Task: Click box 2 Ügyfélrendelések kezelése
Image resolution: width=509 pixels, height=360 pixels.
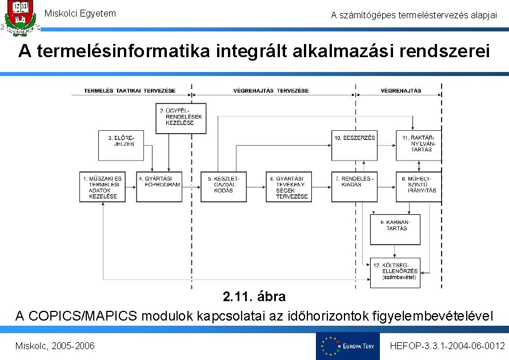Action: click(x=181, y=118)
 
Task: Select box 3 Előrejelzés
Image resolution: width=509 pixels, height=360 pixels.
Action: click(x=120, y=145)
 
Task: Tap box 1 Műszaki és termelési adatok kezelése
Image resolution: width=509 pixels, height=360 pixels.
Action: click(x=103, y=187)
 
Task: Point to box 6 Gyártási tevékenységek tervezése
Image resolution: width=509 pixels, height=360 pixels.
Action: click(x=289, y=187)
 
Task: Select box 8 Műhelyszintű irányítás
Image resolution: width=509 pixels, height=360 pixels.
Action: click(x=419, y=187)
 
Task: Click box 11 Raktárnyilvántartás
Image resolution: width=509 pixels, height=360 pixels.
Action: click(x=419, y=145)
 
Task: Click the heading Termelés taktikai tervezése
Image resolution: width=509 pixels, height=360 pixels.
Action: click(x=130, y=91)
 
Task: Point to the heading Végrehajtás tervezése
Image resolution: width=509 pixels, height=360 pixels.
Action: click(x=271, y=91)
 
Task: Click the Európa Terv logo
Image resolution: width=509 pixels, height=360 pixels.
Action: click(x=347, y=346)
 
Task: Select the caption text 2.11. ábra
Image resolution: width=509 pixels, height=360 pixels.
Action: click(x=254, y=297)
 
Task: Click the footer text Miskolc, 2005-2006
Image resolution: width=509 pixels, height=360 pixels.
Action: click(x=55, y=346)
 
